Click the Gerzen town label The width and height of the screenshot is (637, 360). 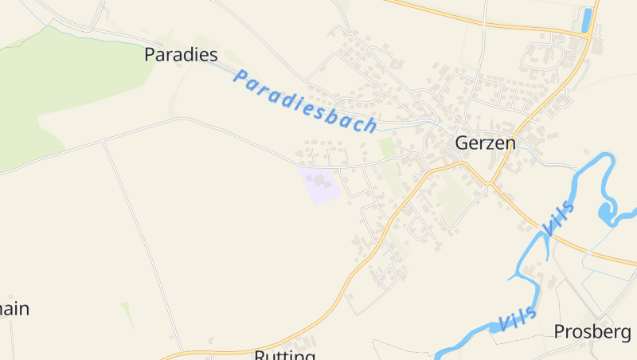(485, 143)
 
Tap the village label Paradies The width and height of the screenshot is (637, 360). (181, 54)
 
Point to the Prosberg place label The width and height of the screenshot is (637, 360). (592, 331)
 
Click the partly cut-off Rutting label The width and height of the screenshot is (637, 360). (285, 354)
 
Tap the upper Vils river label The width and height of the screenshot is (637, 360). (557, 217)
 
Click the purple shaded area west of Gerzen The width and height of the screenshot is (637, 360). (319, 185)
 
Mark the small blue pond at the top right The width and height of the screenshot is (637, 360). (588, 20)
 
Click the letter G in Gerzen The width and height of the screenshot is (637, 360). (463, 143)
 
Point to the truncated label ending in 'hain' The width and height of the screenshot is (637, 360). (14, 309)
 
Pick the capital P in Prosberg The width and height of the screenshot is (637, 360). (559, 331)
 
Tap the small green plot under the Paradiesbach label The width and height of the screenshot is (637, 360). (387, 147)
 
